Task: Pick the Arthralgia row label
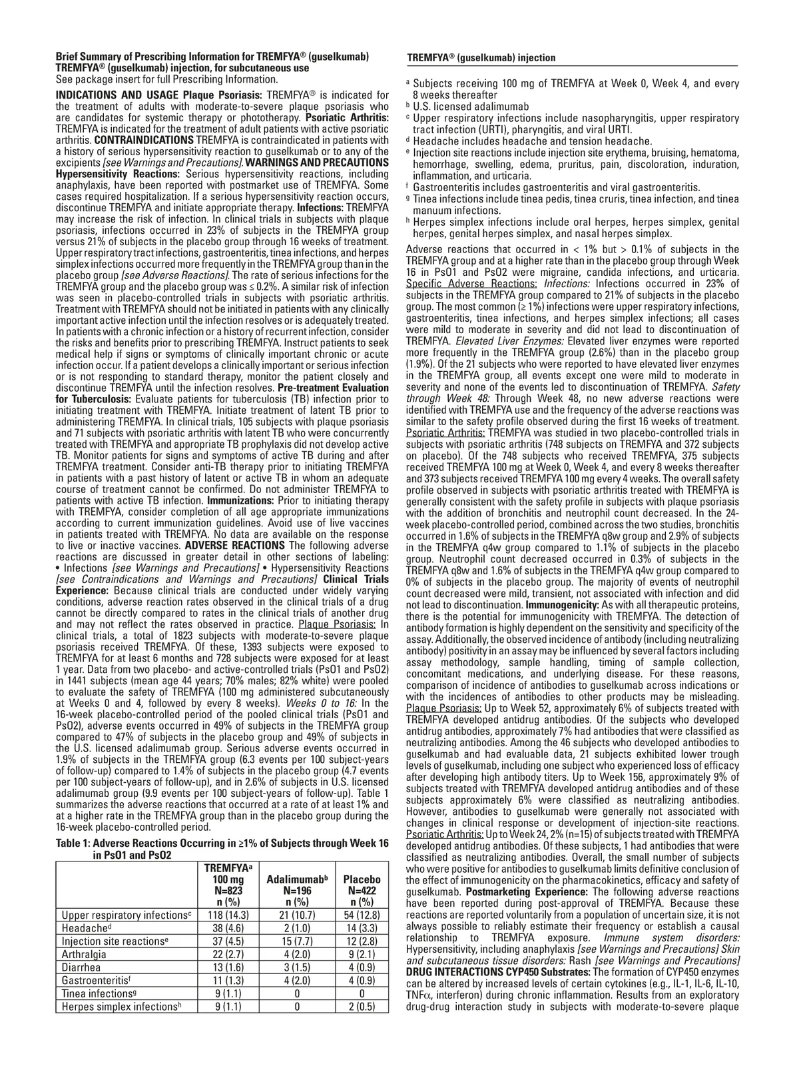(85, 955)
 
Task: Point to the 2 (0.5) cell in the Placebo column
(362, 1007)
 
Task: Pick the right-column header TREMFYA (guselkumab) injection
(481, 58)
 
